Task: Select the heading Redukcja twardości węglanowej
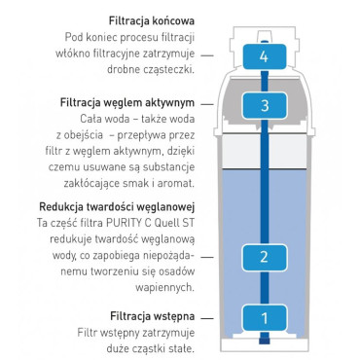(x=119, y=207)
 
